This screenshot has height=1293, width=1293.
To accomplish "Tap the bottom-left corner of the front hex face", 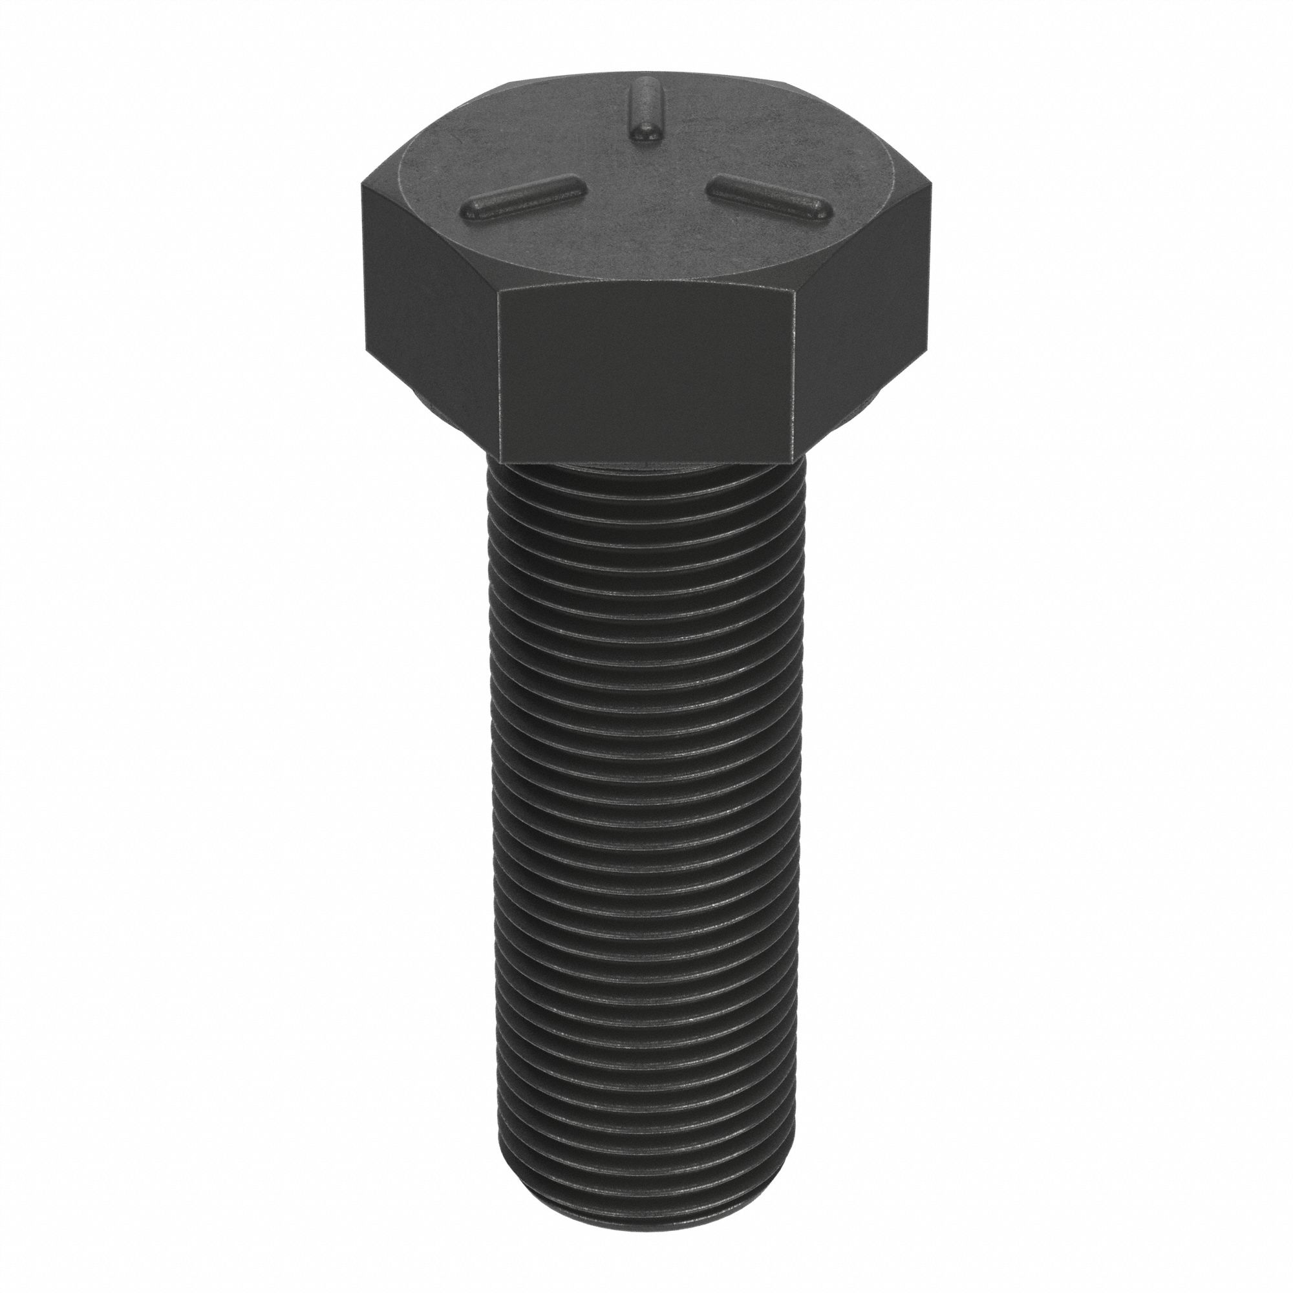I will (498, 462).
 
